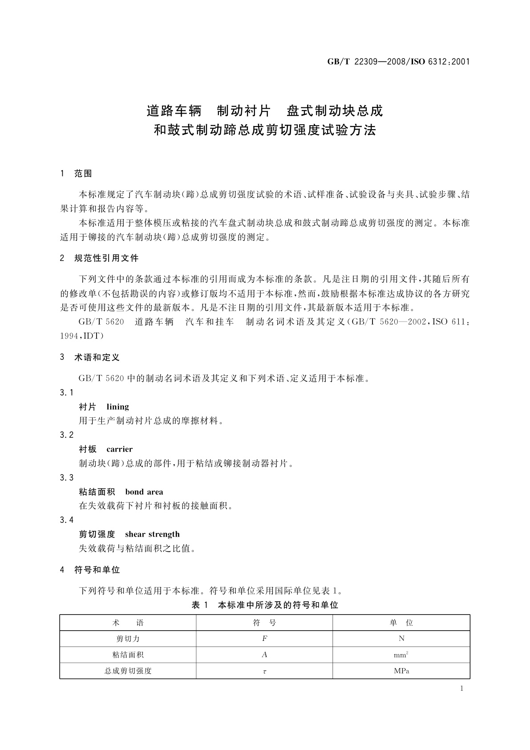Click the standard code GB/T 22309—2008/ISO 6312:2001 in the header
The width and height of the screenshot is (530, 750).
click(398, 62)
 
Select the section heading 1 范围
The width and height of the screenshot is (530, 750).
click(76, 174)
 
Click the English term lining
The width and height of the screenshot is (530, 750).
click(117, 407)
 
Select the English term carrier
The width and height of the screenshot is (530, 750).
click(119, 449)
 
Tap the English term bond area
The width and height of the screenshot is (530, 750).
click(144, 492)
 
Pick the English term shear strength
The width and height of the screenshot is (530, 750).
click(152, 534)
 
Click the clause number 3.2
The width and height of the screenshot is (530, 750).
click(67, 435)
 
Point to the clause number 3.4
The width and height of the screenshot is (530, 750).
click(67, 520)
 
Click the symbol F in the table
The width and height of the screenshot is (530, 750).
click(264, 639)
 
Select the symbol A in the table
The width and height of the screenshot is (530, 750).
click(264, 655)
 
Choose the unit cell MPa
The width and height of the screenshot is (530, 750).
click(401, 671)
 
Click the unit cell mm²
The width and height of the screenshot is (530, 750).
click(401, 655)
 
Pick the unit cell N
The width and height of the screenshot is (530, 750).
click(401, 639)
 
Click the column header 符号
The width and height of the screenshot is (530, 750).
click(264, 623)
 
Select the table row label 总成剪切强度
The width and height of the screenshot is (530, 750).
click(128, 671)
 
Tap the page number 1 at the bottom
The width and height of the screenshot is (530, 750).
click(461, 689)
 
